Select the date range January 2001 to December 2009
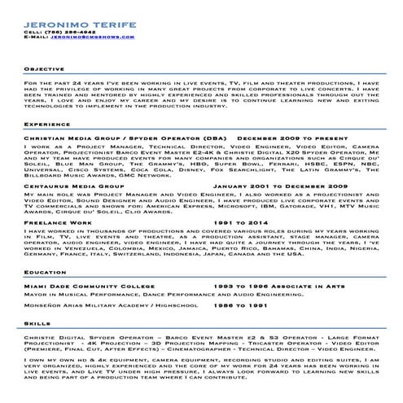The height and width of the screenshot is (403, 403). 276,186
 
